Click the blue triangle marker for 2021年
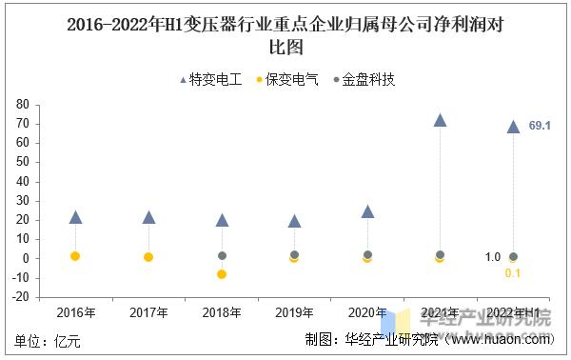tap(440, 120)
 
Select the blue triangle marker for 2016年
tap(75, 217)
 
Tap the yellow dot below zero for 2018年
tap(222, 273)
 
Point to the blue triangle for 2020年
tap(367, 211)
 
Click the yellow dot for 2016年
tap(75, 256)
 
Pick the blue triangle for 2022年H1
tap(513, 127)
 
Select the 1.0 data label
tap(492, 257)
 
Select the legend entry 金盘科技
tap(367, 79)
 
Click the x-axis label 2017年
tap(148, 313)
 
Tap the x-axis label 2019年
tap(294, 313)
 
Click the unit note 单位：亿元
tap(48, 340)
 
